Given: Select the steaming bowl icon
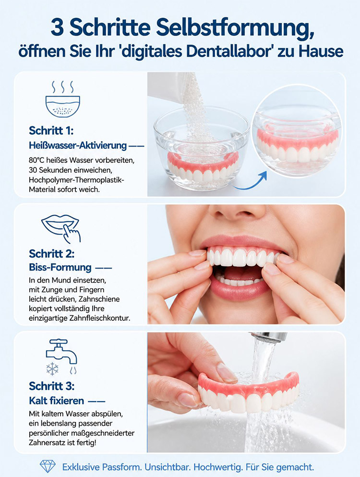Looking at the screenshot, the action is (62, 99).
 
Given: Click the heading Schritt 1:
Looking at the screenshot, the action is (51, 131).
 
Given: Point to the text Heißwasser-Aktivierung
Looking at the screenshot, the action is (78, 146).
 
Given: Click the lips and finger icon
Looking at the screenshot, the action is (61, 228).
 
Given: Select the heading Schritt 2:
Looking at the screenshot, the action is (52, 254).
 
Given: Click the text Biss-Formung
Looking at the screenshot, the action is (60, 268).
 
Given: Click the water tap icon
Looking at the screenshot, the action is (61, 351).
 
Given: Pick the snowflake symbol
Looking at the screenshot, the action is (52, 369).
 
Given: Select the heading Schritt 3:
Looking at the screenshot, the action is (52, 386).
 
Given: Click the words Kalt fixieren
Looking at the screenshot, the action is (57, 401).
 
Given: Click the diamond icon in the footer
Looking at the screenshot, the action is (48, 466).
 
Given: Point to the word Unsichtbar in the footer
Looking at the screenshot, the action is (167, 466).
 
